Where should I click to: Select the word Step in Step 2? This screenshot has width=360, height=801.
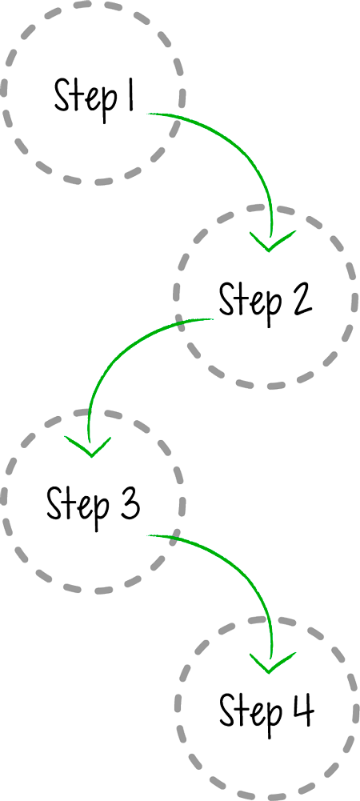(250, 302)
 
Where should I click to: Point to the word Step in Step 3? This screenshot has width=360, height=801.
(78, 507)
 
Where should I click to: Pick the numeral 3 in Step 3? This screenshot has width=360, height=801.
(128, 503)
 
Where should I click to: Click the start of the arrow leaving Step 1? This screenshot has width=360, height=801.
(148, 114)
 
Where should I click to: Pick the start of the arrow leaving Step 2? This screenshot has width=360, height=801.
(213, 319)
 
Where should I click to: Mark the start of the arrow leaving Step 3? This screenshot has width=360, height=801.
(148, 535)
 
